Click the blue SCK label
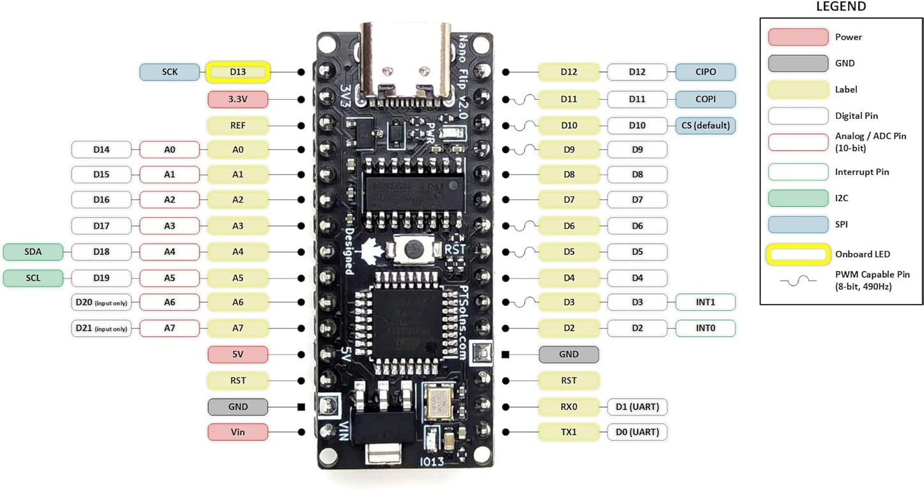click(169, 72)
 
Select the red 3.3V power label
click(237, 100)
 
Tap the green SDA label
click(33, 252)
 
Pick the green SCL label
click(33, 278)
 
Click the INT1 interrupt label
click(705, 302)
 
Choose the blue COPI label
click(705, 99)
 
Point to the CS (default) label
click(705, 125)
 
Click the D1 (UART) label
click(637, 406)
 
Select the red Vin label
click(237, 433)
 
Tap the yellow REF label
click(237, 125)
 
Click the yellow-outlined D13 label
click(237, 72)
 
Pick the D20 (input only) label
click(101, 302)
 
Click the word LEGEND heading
click(841, 7)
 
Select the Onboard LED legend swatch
click(798, 254)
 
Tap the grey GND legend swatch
click(798, 63)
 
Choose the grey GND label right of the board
click(568, 354)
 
